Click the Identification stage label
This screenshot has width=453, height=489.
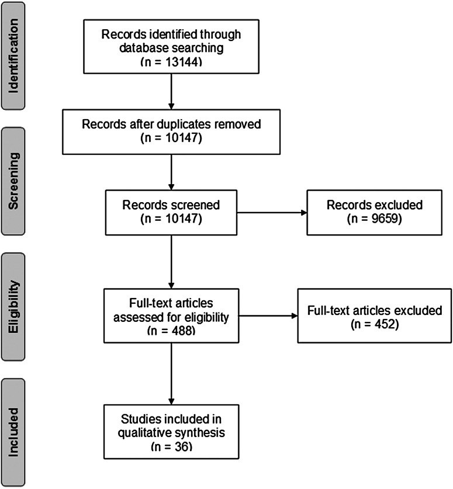click(x=22, y=55)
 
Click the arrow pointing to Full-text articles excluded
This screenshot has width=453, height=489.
click(x=267, y=316)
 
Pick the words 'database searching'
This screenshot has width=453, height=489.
click(x=171, y=48)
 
